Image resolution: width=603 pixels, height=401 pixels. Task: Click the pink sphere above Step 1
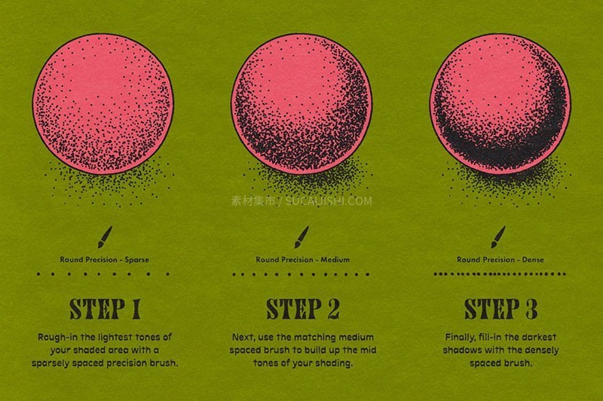pos(103,104)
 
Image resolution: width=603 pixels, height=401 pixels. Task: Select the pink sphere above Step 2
pos(302,104)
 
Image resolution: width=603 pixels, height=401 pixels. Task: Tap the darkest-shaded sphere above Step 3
pos(500,104)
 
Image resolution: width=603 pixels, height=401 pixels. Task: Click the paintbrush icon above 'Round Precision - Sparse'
pos(105,237)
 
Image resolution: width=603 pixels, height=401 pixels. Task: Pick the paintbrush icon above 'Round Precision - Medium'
pos(302,237)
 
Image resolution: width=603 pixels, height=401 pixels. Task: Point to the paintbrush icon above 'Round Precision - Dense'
pos(498,237)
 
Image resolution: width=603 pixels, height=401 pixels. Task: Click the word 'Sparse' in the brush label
pos(137,260)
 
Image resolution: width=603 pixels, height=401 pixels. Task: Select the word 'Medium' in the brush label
pos(335,259)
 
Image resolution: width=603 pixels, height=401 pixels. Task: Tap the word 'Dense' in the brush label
pos(533,259)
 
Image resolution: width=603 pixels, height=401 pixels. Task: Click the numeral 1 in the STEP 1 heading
pos(136,309)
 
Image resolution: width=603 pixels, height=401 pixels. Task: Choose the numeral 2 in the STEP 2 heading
pos(334,309)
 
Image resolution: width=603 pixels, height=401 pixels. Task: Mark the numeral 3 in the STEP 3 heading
pos(531,309)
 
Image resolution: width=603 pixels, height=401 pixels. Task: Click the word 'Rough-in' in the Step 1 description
pos(58,338)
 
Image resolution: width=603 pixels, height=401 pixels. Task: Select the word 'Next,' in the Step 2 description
pos(243,338)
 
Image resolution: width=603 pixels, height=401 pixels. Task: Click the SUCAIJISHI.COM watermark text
pos(329,200)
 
